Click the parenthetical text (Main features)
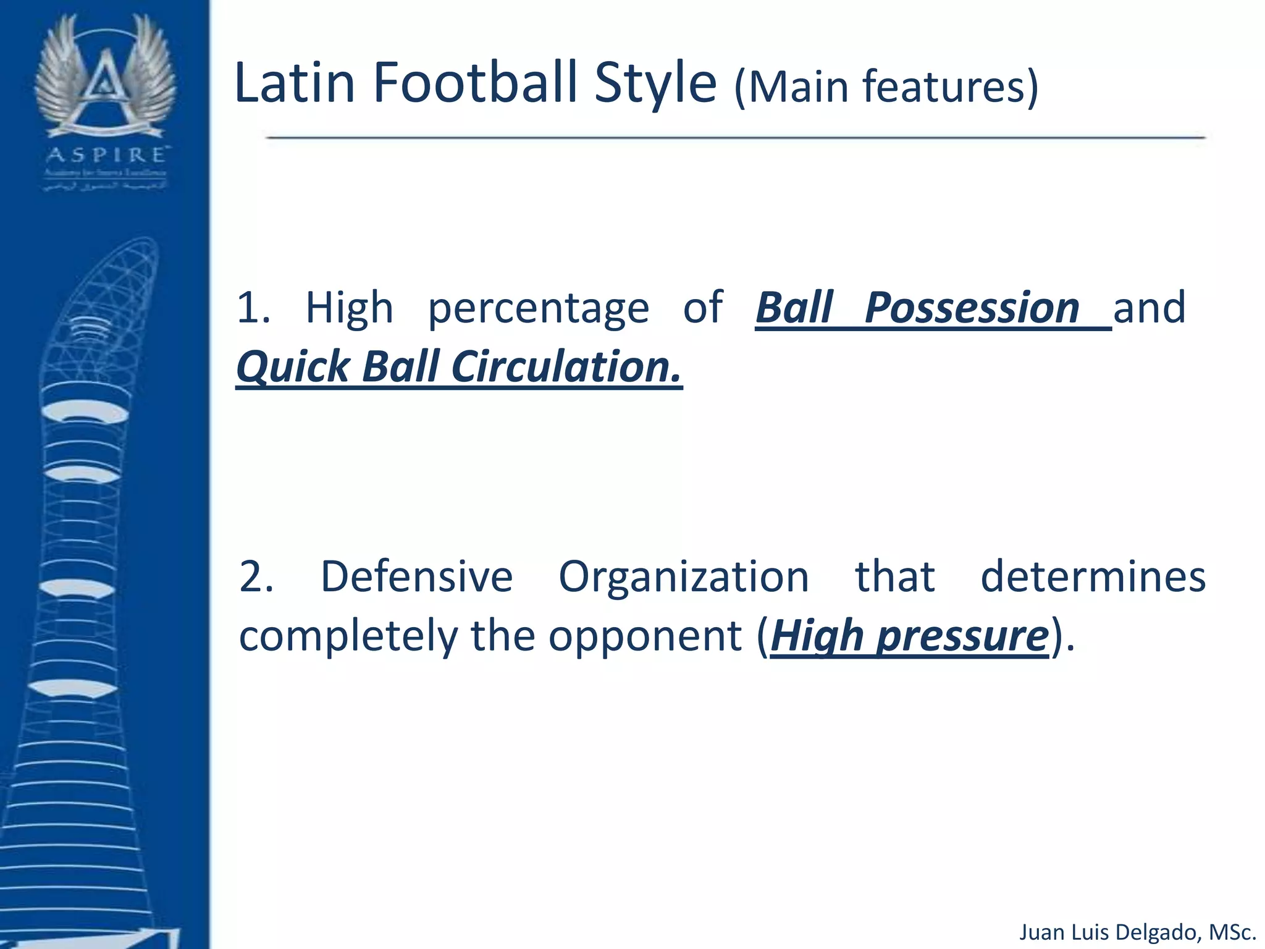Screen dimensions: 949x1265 (x=886, y=86)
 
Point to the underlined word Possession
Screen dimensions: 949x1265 (x=972, y=308)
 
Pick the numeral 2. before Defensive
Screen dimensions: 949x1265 (x=256, y=576)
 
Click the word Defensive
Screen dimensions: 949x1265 (x=416, y=576)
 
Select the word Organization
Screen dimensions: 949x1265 (x=683, y=576)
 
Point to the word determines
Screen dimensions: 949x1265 (x=1093, y=576)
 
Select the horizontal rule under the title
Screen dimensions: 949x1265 (x=735, y=137)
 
